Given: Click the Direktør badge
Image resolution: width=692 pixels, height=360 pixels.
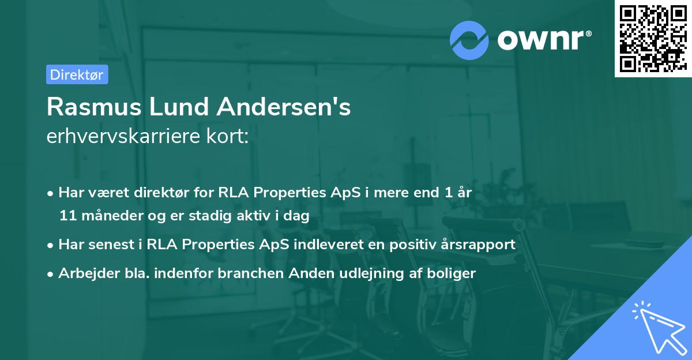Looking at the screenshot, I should (77, 74).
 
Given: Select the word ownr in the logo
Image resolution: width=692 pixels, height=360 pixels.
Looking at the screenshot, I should (544, 39).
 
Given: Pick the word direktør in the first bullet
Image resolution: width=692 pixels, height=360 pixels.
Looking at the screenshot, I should (153, 193).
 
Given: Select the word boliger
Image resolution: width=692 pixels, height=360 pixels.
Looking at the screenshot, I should (455, 273).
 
